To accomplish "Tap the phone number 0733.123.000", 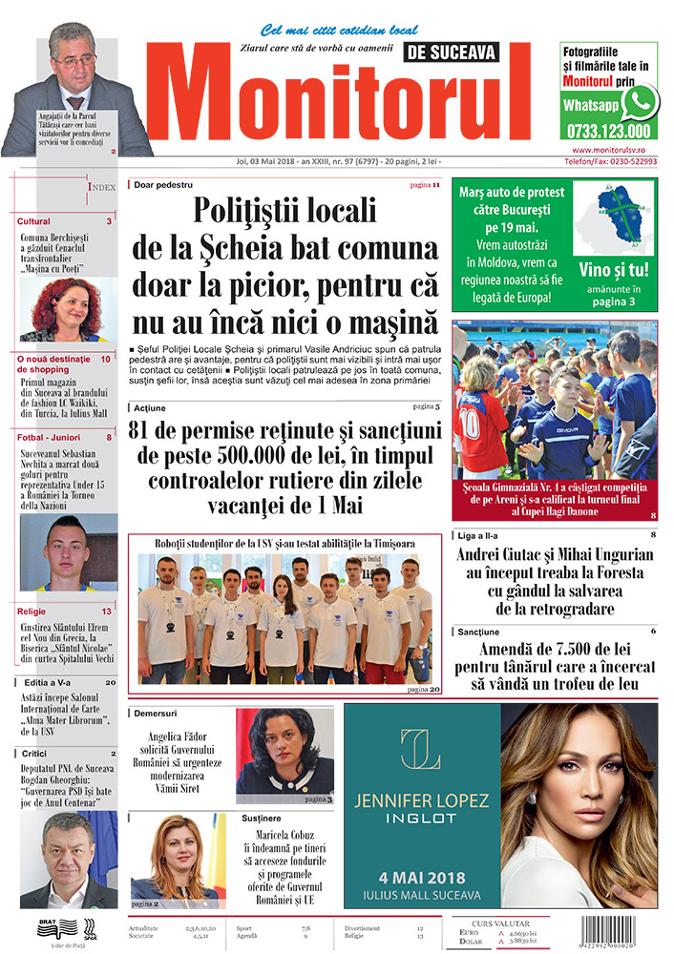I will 607,132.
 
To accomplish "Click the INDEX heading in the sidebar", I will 102,188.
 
